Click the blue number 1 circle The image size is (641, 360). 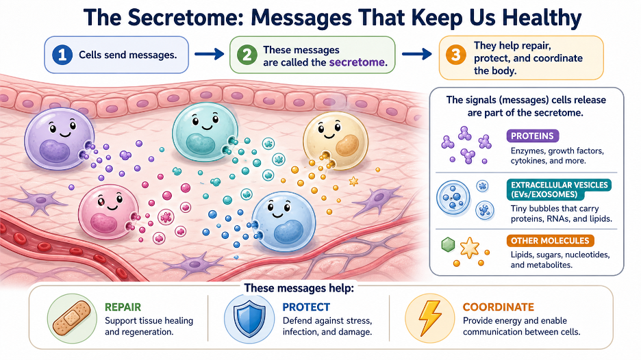[x=62, y=55]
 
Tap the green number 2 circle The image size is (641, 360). [x=247, y=55]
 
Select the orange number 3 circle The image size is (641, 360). [x=456, y=55]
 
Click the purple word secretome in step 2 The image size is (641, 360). [x=357, y=62]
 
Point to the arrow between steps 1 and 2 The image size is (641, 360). [x=209, y=54]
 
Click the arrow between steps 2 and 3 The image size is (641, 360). [x=417, y=54]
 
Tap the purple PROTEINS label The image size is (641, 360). [x=532, y=136]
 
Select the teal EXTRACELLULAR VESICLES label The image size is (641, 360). [x=559, y=190]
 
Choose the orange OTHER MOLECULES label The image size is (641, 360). [x=550, y=241]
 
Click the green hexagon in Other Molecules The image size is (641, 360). [x=448, y=245]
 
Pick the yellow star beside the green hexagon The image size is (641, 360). [x=469, y=248]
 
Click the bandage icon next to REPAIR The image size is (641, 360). [x=71, y=318]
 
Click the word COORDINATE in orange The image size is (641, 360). [x=499, y=307]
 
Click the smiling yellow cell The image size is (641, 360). [x=336, y=140]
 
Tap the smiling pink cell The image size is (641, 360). [x=109, y=211]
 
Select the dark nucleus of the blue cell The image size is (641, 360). [x=288, y=233]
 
